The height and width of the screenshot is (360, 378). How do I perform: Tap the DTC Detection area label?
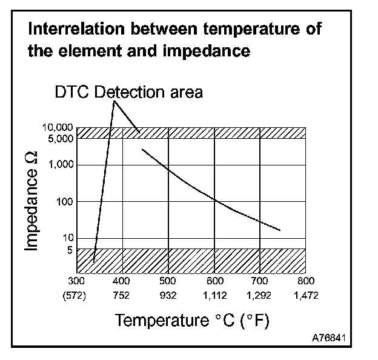pos(128,92)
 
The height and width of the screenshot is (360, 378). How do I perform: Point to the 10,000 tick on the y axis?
pos(59,128)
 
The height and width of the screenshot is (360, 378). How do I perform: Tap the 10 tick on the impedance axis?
pos(68,238)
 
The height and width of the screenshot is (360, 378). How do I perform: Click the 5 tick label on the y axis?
pos(70,250)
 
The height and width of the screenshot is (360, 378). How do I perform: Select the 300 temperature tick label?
pos(76,281)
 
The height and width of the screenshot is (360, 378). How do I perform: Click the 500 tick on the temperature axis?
pos(168,281)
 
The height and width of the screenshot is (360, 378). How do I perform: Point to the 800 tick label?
pos(306,281)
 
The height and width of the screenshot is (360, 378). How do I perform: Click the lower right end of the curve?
pos(280,230)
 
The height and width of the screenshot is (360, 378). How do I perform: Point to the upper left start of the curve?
pos(142,148)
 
